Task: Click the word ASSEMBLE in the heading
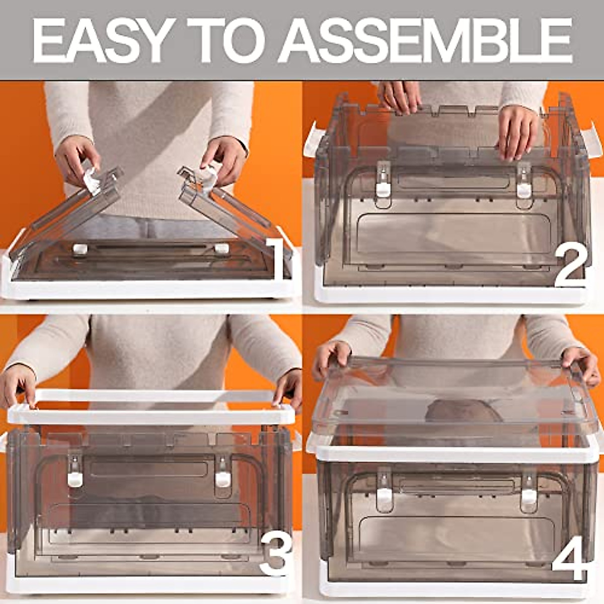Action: (425, 40)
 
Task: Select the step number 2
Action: (570, 266)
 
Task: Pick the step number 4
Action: (569, 559)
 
